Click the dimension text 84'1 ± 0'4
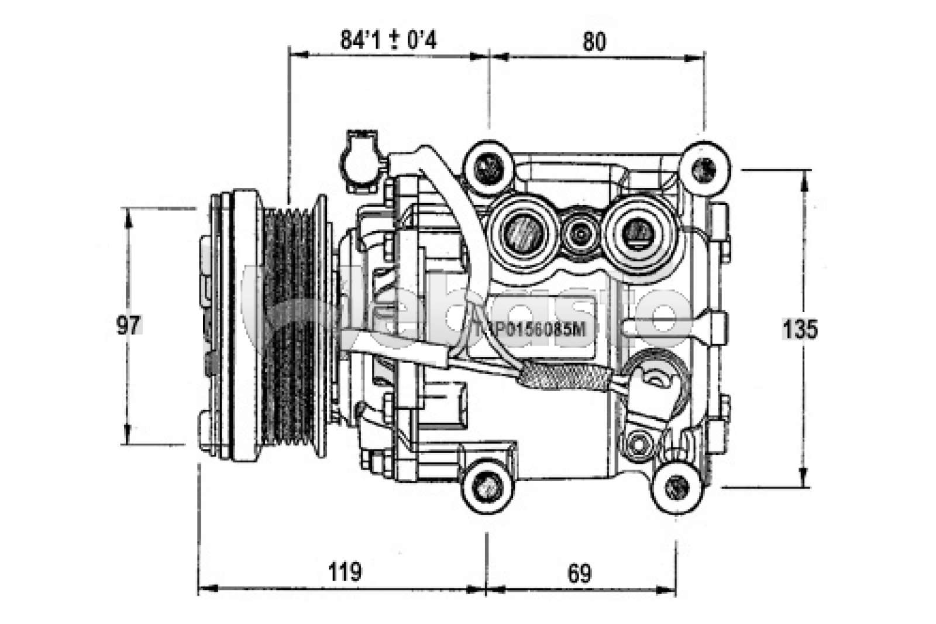coord(388,40)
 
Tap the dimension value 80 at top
coord(594,42)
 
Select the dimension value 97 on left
coord(129,325)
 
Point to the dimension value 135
coord(800,330)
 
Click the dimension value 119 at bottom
coord(345,571)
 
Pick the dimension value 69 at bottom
coord(579,573)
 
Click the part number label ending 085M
coord(531,330)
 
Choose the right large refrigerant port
coord(636,228)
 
